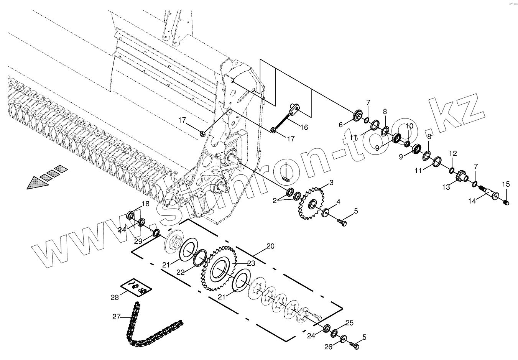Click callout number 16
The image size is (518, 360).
point(304,127)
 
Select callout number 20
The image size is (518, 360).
point(270,246)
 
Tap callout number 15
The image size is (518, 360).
point(506,184)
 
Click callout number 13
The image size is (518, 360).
point(446,187)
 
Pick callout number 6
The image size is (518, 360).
point(340,124)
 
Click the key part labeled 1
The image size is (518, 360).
point(286,178)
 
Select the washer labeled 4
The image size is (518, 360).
point(326,212)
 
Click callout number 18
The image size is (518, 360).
point(146,204)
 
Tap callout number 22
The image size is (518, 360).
point(181,272)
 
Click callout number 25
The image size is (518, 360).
point(349,322)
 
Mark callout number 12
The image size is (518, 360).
point(453,154)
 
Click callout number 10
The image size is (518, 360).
point(409,126)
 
